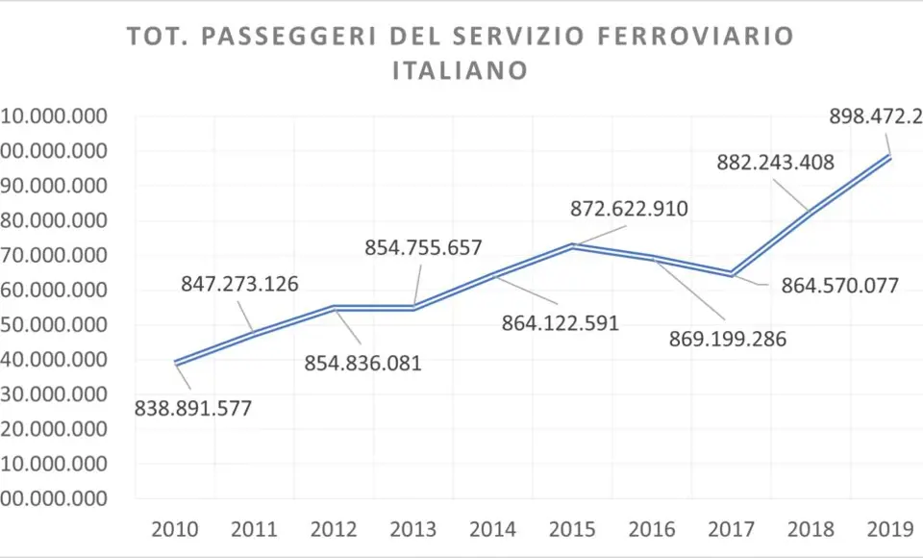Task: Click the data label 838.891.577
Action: (x=193, y=407)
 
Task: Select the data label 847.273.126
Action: (x=239, y=284)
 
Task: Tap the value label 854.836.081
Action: (x=362, y=363)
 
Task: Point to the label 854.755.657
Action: (x=423, y=247)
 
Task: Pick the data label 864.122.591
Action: (x=561, y=322)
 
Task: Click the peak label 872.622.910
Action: (x=630, y=208)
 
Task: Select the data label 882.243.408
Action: (x=776, y=163)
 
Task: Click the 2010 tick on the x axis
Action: (x=176, y=529)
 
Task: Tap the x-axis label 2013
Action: (x=413, y=529)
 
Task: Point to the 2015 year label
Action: (x=572, y=529)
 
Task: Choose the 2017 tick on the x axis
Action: (x=731, y=529)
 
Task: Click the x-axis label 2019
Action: (x=889, y=529)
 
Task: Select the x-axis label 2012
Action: (x=335, y=529)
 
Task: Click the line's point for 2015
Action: (x=572, y=245)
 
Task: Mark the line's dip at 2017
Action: (x=732, y=274)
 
